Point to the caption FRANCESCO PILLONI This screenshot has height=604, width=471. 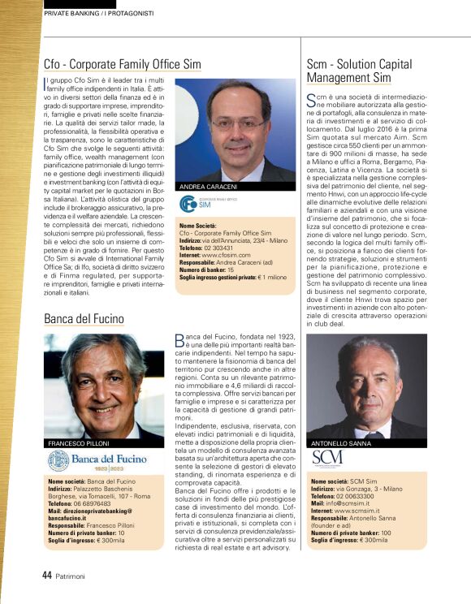click(80, 443)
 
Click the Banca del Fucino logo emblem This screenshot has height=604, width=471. click(58, 461)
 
